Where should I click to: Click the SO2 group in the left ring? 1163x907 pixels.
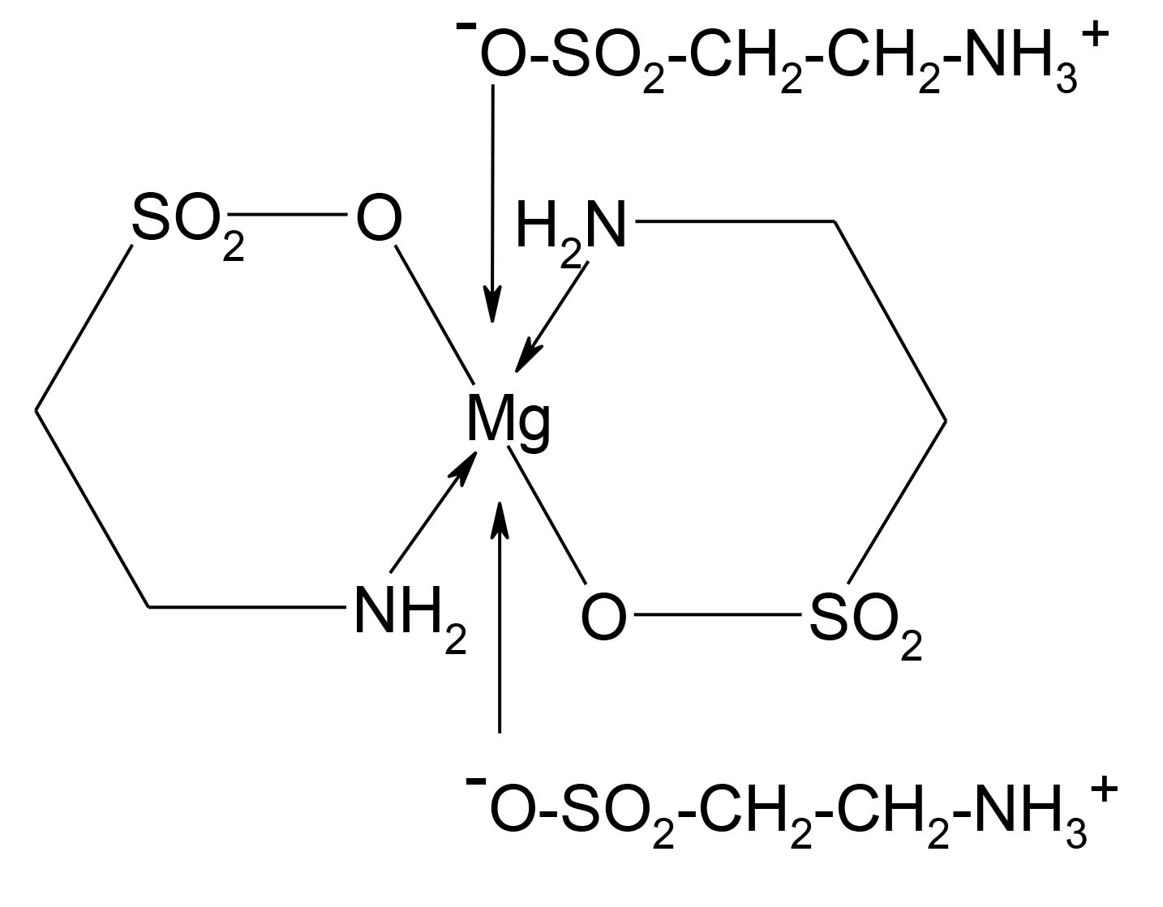point(185,223)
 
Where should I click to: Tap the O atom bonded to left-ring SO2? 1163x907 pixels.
point(379,219)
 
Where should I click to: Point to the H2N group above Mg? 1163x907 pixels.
point(571,228)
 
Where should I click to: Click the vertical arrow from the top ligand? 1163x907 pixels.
point(492,203)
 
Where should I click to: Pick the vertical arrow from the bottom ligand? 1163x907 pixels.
point(500,616)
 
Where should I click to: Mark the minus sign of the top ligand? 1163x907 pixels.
point(466,26)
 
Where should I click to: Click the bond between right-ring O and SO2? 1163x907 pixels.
point(717,615)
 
